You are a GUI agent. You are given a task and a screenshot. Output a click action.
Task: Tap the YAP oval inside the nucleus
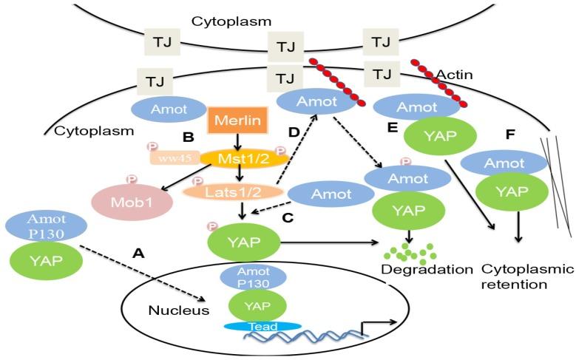click(259, 303)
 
